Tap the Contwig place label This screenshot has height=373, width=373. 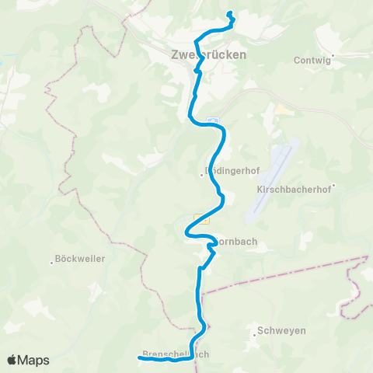pos(312,59)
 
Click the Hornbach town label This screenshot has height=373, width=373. pos(235,242)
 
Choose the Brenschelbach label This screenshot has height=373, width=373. pos(176,354)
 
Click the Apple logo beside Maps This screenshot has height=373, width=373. pos(13,360)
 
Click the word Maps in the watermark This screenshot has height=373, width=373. pos(35,360)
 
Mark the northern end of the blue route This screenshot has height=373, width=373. pos(229,13)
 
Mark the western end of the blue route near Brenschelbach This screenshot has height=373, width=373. pos(140,357)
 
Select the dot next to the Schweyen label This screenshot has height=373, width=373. pos(256,334)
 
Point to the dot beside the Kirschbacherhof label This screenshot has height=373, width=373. pos(332,186)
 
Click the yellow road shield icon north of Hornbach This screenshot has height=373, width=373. pos(201,220)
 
